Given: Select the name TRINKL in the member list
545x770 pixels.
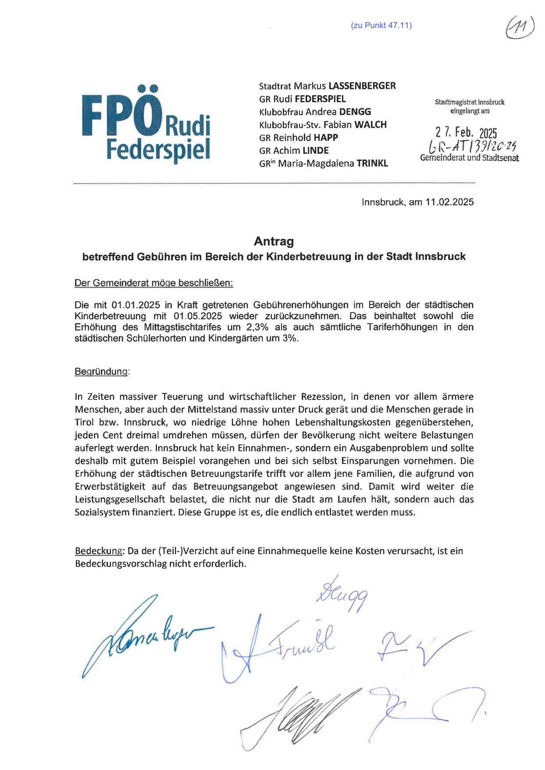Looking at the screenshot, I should tap(372, 164).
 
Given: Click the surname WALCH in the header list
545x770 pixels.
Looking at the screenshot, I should tap(370, 125).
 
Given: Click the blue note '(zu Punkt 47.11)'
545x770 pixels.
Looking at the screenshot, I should tap(381, 25).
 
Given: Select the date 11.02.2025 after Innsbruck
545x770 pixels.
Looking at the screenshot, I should tap(449, 202).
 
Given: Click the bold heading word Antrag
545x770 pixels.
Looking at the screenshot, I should tap(274, 241).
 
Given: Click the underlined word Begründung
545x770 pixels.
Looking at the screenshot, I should tap(102, 372).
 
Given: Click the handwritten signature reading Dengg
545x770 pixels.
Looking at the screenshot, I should tap(342, 595).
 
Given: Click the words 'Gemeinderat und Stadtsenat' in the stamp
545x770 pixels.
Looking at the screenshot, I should tap(469, 158).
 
